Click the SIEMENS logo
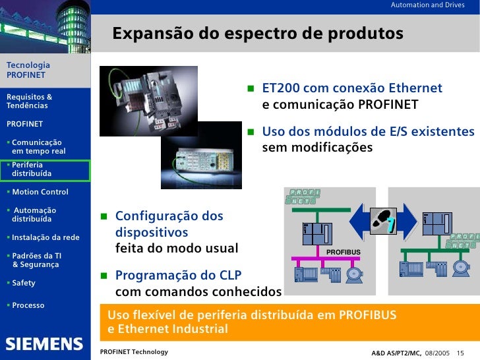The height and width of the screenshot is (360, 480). pos(45,344)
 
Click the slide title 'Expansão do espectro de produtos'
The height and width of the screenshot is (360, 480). pos(257,34)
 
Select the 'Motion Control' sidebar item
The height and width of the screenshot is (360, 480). pos(40,192)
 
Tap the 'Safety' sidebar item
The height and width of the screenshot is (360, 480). pos(24,283)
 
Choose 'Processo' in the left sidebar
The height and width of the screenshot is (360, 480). pos(28,305)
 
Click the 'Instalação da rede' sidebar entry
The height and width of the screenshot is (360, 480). pos(45,237)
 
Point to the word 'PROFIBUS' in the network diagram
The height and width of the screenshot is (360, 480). pos(344,252)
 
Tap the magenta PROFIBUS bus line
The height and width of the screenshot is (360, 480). pos(310,257)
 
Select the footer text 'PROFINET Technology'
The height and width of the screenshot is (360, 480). pos(134,352)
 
